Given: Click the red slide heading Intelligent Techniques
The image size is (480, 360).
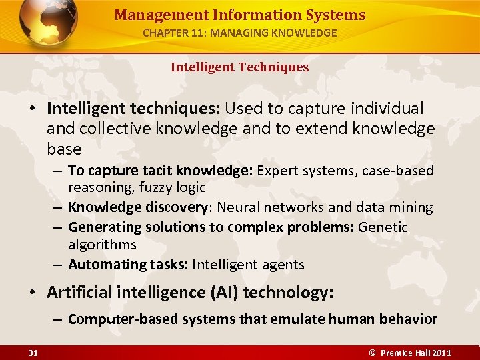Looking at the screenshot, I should pyautogui.click(x=239, y=67).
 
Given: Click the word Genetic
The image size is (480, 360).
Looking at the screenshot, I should pyautogui.click(x=383, y=227).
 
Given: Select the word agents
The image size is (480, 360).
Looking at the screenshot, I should pyautogui.click(x=282, y=265).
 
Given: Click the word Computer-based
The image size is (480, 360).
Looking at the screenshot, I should pyautogui.click(x=113, y=319).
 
